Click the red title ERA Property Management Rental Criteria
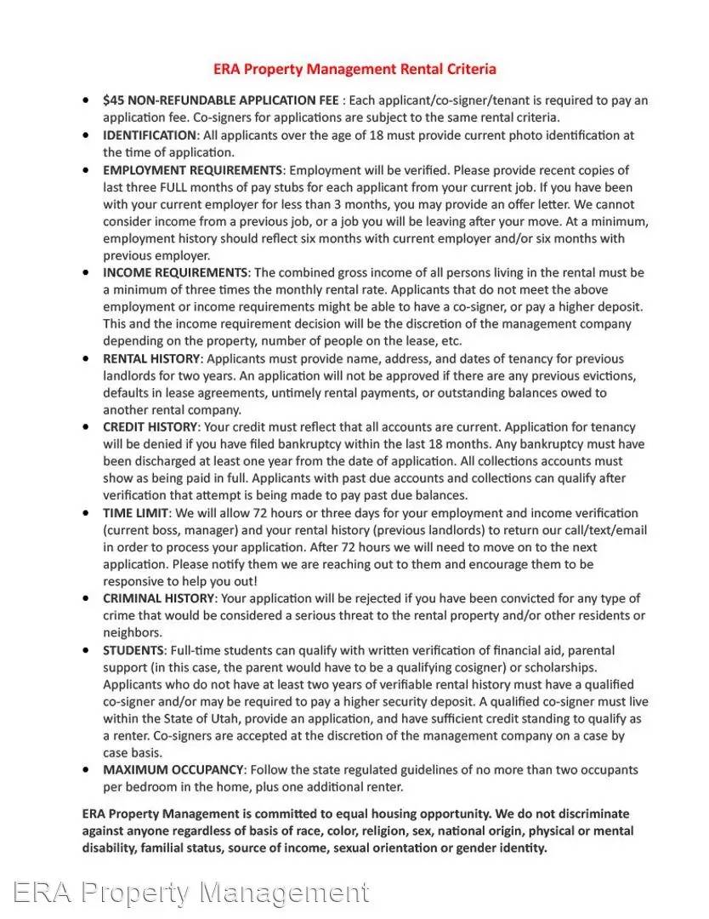354,69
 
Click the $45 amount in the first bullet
113,100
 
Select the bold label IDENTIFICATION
150,135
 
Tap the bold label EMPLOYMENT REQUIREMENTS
192,170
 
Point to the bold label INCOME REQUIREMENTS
176,273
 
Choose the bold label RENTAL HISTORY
152,359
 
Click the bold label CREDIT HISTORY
149,427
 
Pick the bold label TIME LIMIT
136,513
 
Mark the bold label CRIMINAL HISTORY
159,599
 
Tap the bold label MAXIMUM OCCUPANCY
173,770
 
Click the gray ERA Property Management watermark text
192,893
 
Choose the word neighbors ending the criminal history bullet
132,633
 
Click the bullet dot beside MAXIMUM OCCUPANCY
86,770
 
